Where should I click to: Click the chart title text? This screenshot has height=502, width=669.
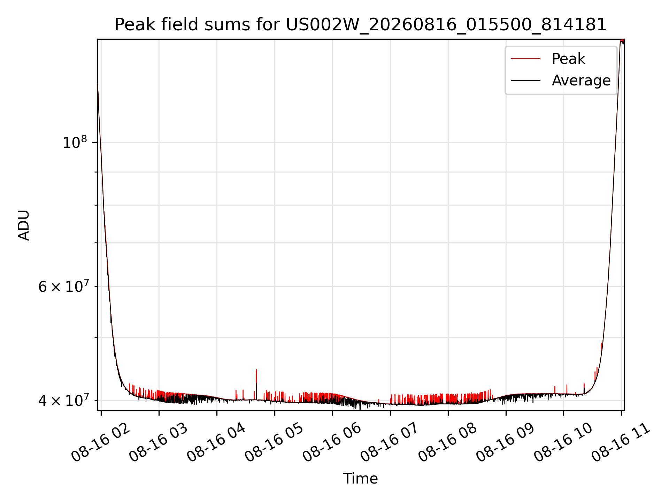pyautogui.click(x=361, y=25)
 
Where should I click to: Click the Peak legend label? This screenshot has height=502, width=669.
pyautogui.click(x=568, y=59)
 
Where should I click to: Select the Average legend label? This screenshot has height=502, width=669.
pyautogui.click(x=581, y=81)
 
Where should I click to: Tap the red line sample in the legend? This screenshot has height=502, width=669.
pyautogui.click(x=525, y=59)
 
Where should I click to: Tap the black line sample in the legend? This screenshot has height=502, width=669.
pyautogui.click(x=525, y=81)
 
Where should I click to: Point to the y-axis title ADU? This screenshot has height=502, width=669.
pyautogui.click(x=24, y=225)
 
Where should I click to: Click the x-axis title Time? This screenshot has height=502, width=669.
pyautogui.click(x=361, y=478)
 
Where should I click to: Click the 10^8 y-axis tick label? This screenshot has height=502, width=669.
pyautogui.click(x=75, y=142)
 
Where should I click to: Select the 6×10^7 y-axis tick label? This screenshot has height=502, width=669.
pyautogui.click(x=63, y=287)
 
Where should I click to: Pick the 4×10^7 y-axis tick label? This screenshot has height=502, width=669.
pyautogui.click(x=63, y=400)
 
